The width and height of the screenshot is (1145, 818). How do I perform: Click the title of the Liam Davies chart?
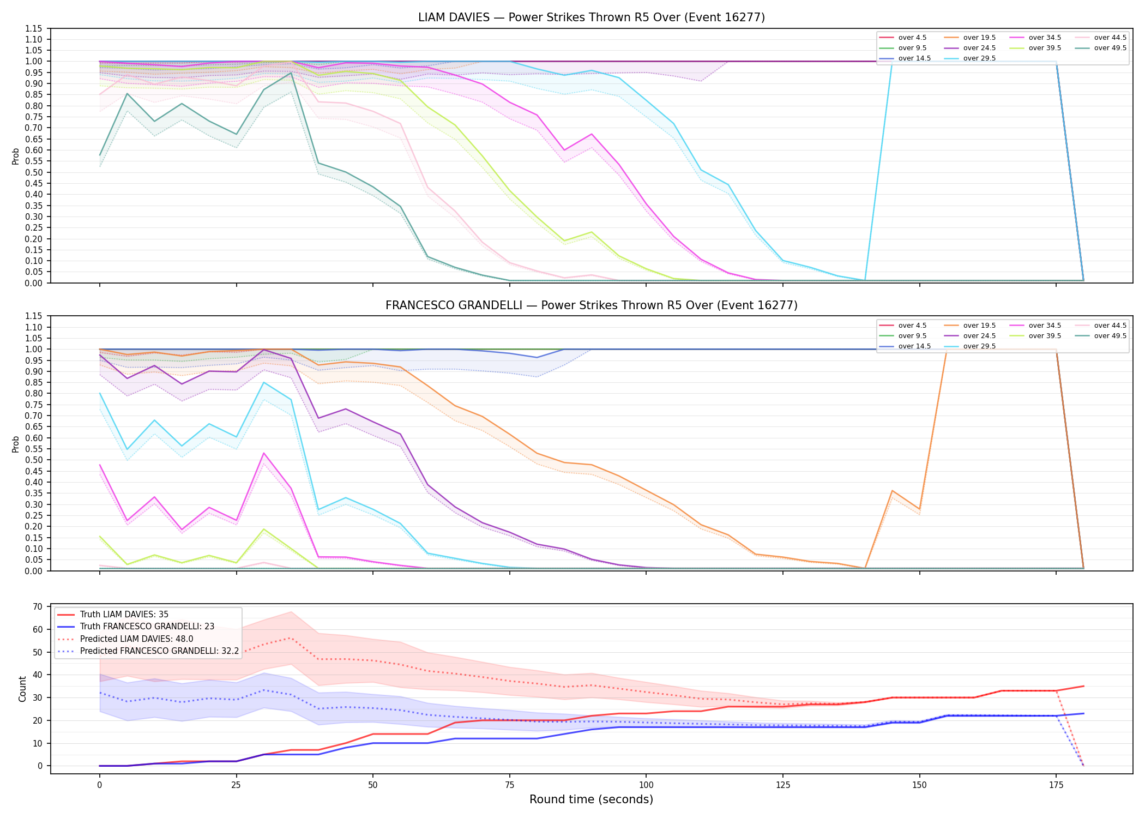[x=591, y=17]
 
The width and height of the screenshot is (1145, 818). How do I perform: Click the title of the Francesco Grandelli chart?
[x=591, y=305]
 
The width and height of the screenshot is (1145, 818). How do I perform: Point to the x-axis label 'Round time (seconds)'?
[x=591, y=799]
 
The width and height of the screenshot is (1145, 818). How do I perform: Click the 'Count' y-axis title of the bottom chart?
[x=22, y=689]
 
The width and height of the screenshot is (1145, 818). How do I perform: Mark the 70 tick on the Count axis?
[x=38, y=606]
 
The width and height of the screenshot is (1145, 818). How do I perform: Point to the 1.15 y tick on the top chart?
[x=34, y=28]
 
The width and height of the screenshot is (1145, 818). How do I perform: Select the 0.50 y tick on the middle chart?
[x=34, y=460]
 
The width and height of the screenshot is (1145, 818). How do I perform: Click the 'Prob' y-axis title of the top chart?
[x=16, y=156]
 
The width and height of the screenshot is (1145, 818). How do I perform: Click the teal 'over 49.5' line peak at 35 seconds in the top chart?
[x=291, y=73]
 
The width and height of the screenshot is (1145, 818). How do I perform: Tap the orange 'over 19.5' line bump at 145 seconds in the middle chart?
[x=892, y=491]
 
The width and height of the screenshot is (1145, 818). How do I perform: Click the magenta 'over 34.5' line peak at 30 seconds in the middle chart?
[x=264, y=453]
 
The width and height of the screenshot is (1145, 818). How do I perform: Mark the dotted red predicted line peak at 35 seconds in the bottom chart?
[x=291, y=638]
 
